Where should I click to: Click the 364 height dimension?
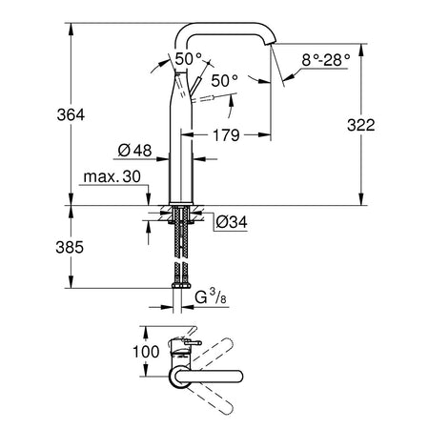pos(71,114)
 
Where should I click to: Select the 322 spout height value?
pos(361,125)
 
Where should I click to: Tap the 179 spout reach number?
pos(226,135)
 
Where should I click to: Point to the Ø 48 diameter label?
pos(134,151)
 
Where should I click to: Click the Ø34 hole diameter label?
pos(232,222)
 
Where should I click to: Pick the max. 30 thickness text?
pos(112,176)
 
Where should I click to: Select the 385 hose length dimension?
pos(70,247)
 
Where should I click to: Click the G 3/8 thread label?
pos(211,296)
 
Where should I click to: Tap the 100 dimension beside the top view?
pos(146,352)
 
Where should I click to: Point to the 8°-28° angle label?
pos(326,60)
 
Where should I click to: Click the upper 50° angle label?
pos(189,59)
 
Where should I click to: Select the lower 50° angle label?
pos(225,81)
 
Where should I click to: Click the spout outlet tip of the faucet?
pos(273,42)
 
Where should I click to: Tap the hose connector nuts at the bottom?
pos(181,285)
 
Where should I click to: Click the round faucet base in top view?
pos(180,377)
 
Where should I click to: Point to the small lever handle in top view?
pos(192,343)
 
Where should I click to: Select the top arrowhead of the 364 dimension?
pos(71,30)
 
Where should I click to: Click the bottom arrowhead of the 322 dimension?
pos(361,199)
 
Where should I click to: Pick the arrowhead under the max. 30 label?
pos(148,199)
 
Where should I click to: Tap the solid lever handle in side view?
pos(194,86)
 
